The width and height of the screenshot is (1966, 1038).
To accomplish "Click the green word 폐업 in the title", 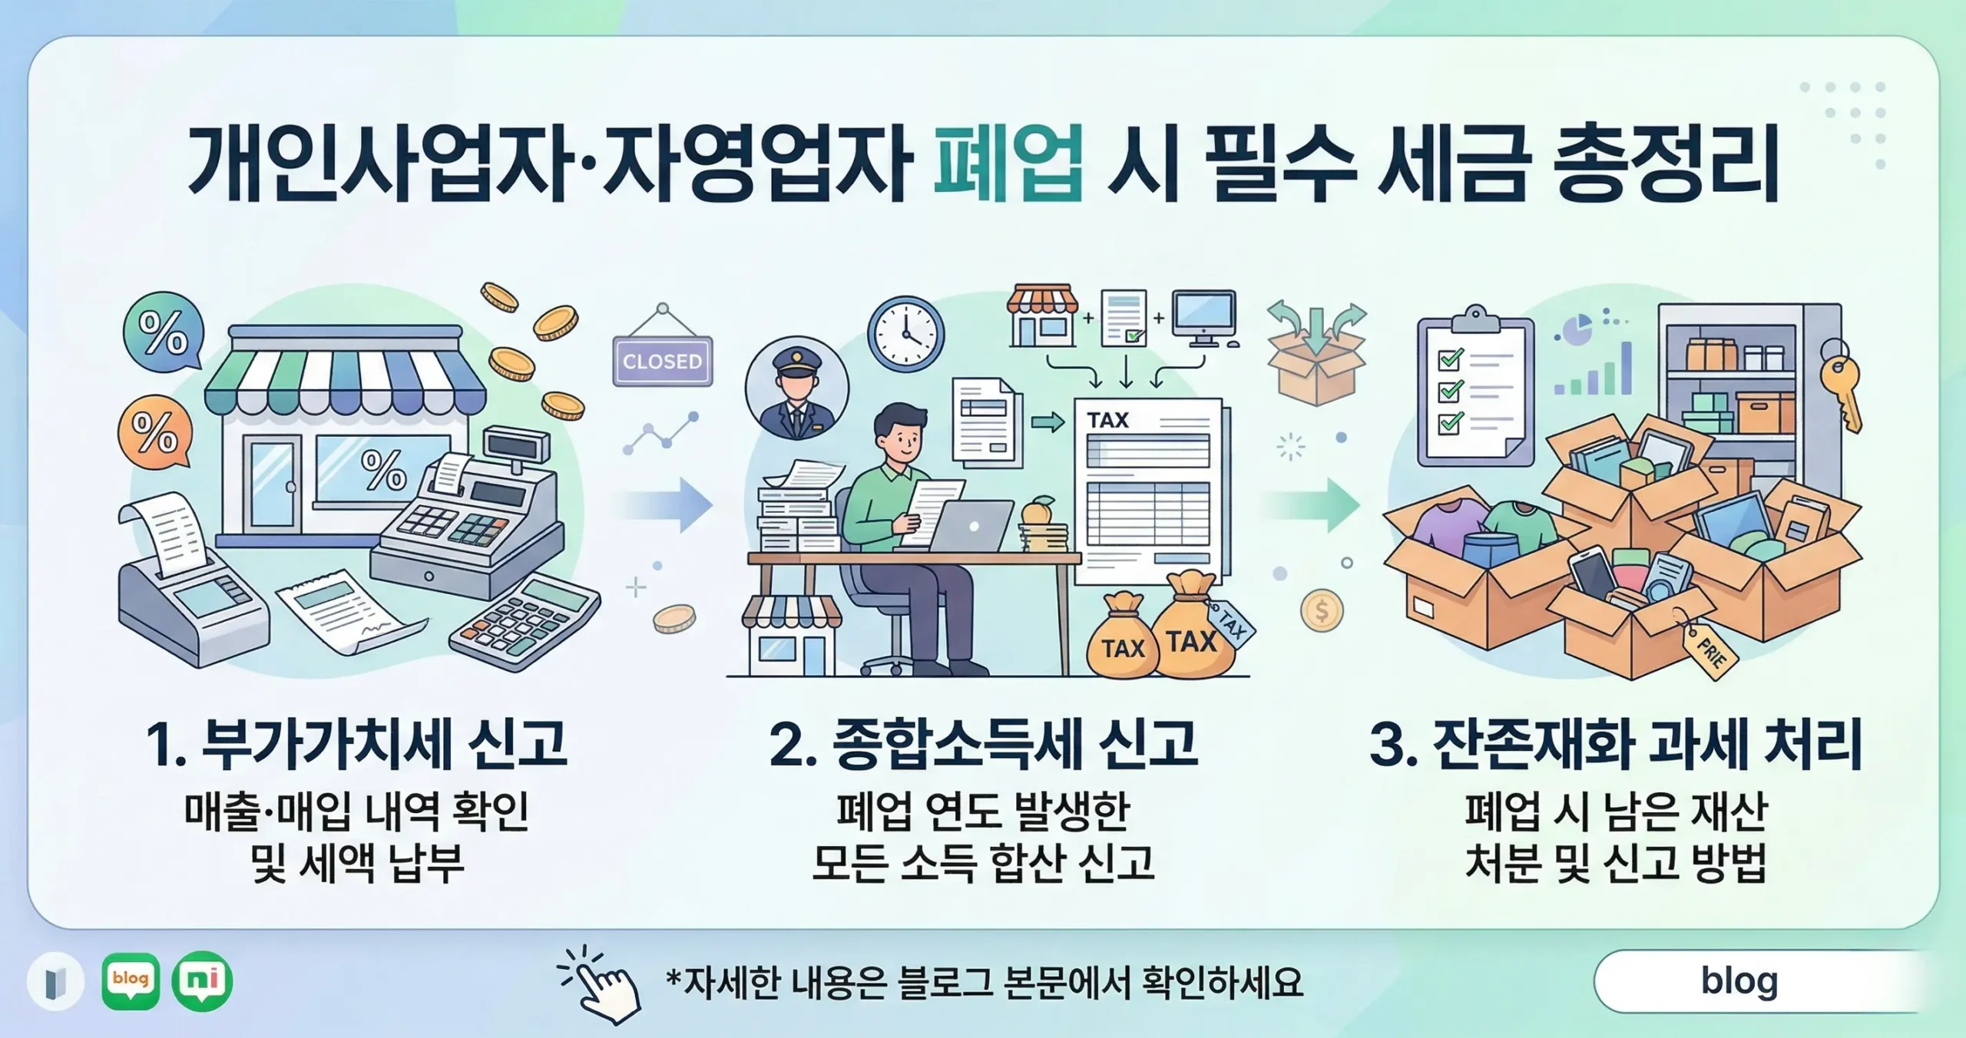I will (1008, 164).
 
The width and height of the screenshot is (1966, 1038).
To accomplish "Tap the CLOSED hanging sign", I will (662, 360).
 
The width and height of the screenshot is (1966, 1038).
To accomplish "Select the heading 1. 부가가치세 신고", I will (356, 743).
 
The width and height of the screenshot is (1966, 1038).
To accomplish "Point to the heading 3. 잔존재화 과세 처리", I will (1616, 743).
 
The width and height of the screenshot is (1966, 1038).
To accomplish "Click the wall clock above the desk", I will (905, 334).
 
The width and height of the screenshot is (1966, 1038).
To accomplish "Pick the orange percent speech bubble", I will (154, 431).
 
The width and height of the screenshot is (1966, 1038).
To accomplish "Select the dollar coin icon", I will (1321, 611).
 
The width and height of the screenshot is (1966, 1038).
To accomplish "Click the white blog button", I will (1739, 980).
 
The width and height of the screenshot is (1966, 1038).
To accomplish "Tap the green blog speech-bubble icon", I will (131, 980).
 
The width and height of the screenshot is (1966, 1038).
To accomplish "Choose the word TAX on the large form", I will (1107, 420).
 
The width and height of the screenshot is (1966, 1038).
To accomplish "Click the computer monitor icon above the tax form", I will (1204, 319).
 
